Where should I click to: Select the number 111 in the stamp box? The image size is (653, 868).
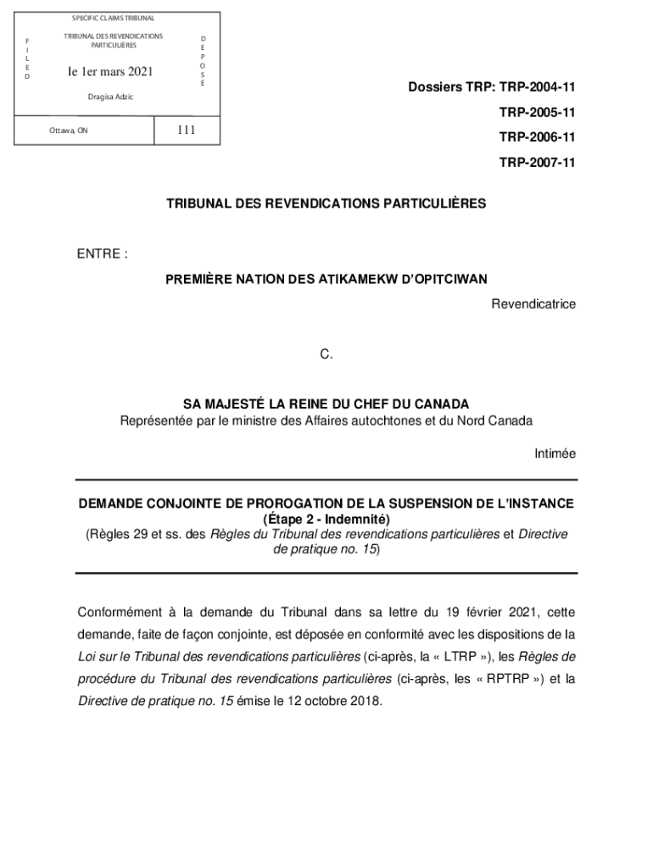186,130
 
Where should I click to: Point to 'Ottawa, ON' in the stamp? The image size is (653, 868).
68,131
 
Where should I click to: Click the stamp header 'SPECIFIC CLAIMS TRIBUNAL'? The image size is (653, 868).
113,18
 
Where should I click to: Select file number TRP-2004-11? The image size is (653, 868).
538,87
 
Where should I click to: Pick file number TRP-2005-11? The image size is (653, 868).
538,112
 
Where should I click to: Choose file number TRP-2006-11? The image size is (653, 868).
538,136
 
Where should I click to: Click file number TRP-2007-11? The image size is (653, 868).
538,161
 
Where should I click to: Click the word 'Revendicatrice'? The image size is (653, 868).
533,303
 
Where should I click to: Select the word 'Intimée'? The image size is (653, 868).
555,453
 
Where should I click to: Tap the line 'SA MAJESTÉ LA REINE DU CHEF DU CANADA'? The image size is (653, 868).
326,404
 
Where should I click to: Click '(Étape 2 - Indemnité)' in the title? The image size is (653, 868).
326,519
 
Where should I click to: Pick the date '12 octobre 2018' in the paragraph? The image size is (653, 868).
332,701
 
